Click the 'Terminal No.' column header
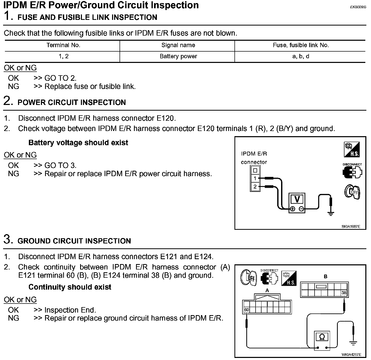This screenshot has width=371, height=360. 63,45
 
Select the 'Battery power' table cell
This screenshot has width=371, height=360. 178,56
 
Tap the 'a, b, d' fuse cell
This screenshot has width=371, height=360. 301,56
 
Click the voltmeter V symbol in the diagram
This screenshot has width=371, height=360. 297,199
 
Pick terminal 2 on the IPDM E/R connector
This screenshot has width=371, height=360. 255,187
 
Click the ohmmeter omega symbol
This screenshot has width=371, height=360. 322,337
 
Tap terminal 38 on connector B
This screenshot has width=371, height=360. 344,293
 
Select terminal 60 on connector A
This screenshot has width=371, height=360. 247,310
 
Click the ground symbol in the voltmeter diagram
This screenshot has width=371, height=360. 331,213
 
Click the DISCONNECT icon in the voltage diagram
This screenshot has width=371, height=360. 352,171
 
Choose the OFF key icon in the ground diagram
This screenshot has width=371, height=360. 248,278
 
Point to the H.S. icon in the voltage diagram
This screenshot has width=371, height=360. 352,150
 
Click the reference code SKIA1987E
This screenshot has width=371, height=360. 351,227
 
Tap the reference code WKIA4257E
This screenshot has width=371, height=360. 351,355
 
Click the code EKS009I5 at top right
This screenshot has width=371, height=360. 358,7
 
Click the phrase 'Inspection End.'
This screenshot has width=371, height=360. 70,310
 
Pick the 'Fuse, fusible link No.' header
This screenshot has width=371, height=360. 301,45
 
